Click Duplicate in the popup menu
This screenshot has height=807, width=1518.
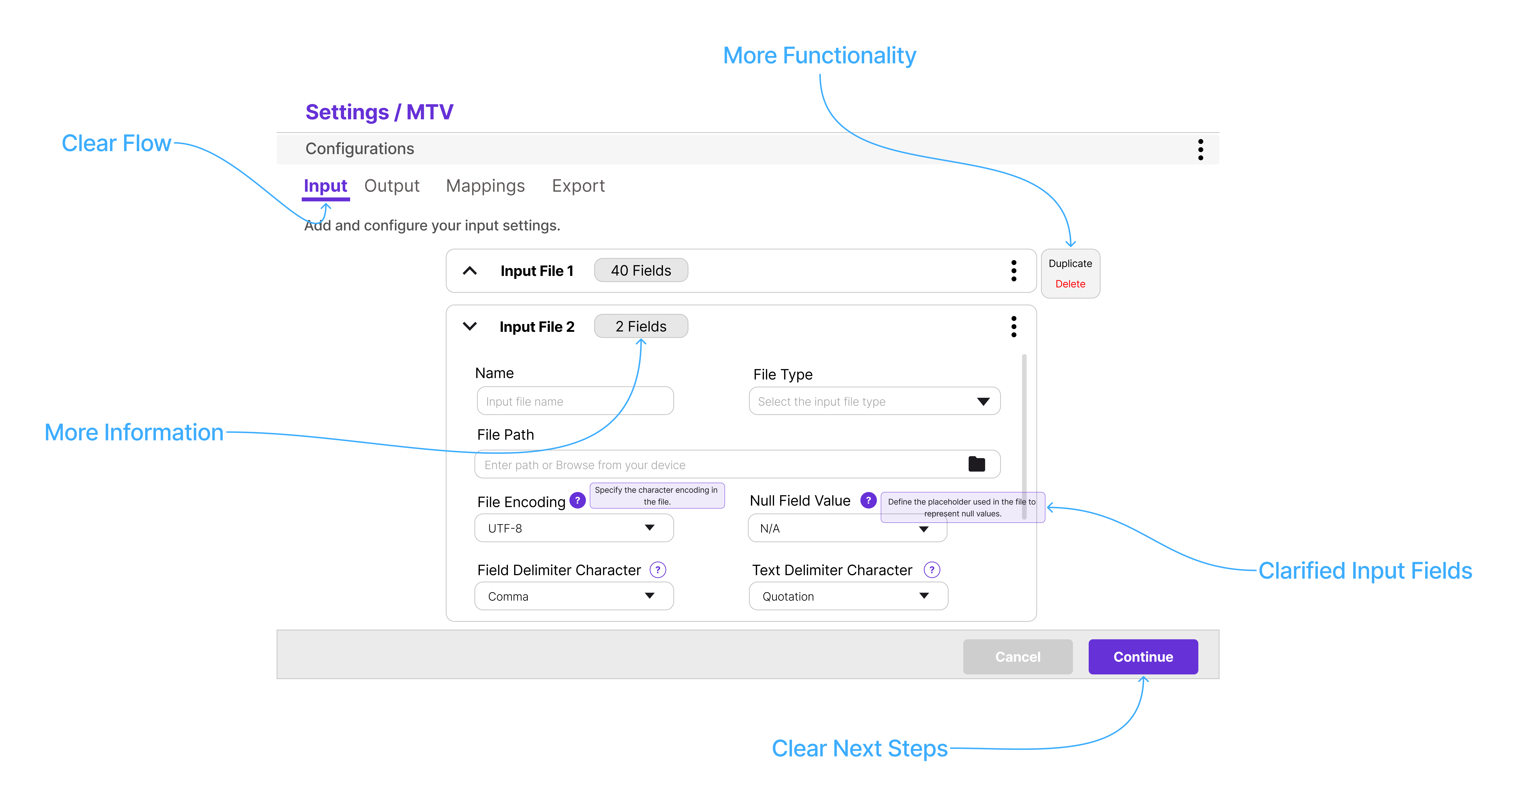pos(1070,264)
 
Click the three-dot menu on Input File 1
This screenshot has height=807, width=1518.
pos(1014,271)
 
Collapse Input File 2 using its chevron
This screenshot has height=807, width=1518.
pos(470,326)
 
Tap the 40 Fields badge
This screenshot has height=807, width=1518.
pos(641,271)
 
